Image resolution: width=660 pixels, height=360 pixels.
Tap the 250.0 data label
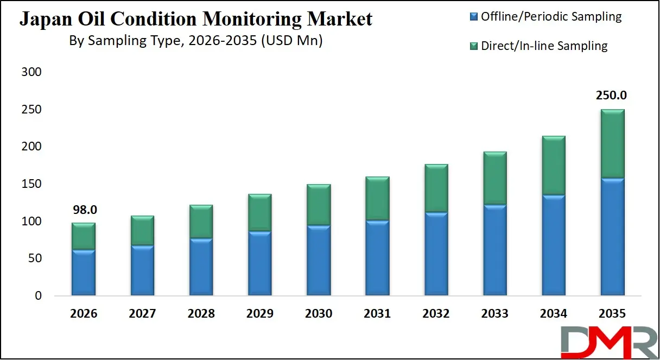click(612, 95)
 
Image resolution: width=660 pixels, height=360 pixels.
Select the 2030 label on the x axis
click(319, 314)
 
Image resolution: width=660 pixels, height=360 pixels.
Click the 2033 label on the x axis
click(494, 314)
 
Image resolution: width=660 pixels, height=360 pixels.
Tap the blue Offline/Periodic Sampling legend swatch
click(473, 17)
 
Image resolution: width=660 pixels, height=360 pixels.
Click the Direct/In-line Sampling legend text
click(544, 46)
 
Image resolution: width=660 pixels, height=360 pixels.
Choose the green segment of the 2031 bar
click(377, 198)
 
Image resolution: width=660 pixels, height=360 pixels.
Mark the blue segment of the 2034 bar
click(553, 245)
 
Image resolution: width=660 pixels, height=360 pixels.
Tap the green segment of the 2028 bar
click(201, 222)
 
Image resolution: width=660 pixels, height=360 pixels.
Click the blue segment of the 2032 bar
click(436, 254)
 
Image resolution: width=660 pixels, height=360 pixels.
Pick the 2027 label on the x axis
click(143, 314)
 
